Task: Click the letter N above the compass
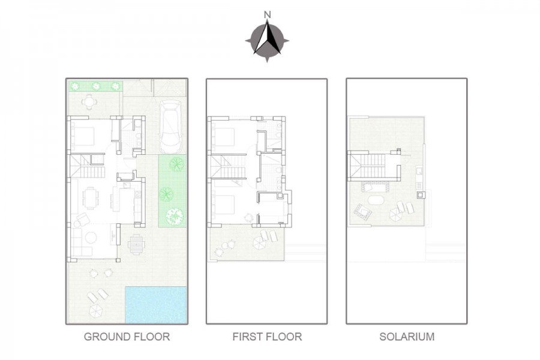[x=267, y=15]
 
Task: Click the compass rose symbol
[x=267, y=40]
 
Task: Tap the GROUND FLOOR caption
[x=127, y=337]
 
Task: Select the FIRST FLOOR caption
[x=267, y=337]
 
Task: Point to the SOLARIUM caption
[x=407, y=337]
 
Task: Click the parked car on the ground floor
[x=171, y=127]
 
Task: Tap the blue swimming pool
[x=156, y=305]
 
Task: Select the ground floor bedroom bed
[x=82, y=136]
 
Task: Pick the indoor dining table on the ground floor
[x=90, y=198]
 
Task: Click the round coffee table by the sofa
[x=91, y=238]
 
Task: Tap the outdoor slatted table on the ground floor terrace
[x=136, y=244]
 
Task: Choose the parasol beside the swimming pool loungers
[x=96, y=311]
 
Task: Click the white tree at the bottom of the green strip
[x=175, y=217]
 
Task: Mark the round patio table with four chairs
[x=89, y=101]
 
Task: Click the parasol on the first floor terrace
[x=259, y=242]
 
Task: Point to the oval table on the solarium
[x=376, y=200]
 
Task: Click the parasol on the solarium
[x=396, y=214]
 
